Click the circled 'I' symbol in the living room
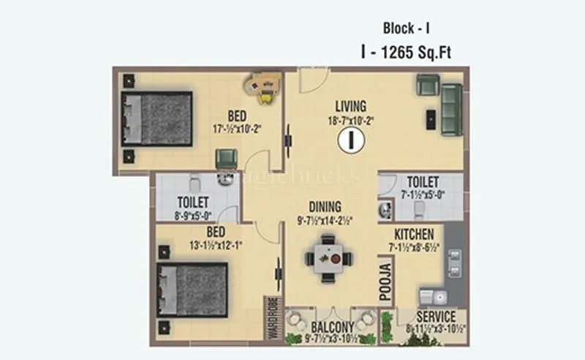(x=351, y=138)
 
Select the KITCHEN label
(x=415, y=234)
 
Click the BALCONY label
(x=333, y=326)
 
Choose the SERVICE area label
(x=436, y=317)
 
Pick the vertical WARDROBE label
(x=271, y=319)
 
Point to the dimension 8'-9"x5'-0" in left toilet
(x=193, y=216)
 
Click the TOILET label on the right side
(x=423, y=181)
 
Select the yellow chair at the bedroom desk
(x=265, y=91)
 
